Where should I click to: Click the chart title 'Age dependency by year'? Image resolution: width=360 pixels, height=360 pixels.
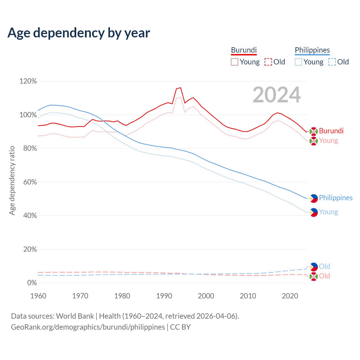(79, 33)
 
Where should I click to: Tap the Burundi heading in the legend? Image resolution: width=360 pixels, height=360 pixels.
(244, 50)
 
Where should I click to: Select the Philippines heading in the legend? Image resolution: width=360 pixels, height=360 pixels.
(312, 50)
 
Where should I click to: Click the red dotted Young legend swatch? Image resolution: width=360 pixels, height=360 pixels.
(235, 62)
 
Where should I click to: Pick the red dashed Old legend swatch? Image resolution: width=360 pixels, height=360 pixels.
(268, 62)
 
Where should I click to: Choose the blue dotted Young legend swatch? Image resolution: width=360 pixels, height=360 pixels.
(298, 62)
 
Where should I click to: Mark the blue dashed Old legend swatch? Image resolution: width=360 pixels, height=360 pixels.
(332, 62)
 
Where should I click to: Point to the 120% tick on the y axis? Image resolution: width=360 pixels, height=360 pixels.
(28, 81)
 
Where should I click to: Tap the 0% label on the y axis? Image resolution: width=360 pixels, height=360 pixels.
(32, 283)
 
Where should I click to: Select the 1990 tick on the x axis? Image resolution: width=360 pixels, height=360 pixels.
(164, 296)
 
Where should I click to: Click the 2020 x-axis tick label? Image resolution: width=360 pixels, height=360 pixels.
(290, 296)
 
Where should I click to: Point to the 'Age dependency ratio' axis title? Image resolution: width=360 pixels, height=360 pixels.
(12, 180)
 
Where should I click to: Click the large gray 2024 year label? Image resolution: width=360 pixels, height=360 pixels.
(277, 95)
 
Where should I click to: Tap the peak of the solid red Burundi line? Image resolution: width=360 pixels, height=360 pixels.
(181, 88)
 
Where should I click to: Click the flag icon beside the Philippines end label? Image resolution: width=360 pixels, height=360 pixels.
(314, 198)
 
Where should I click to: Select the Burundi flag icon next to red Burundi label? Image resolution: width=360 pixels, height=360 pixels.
(314, 131)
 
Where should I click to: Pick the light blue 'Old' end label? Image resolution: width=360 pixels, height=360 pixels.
(325, 266)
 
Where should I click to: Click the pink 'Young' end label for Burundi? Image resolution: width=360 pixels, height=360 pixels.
(328, 141)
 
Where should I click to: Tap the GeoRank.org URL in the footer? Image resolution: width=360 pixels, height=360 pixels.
(88, 327)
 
